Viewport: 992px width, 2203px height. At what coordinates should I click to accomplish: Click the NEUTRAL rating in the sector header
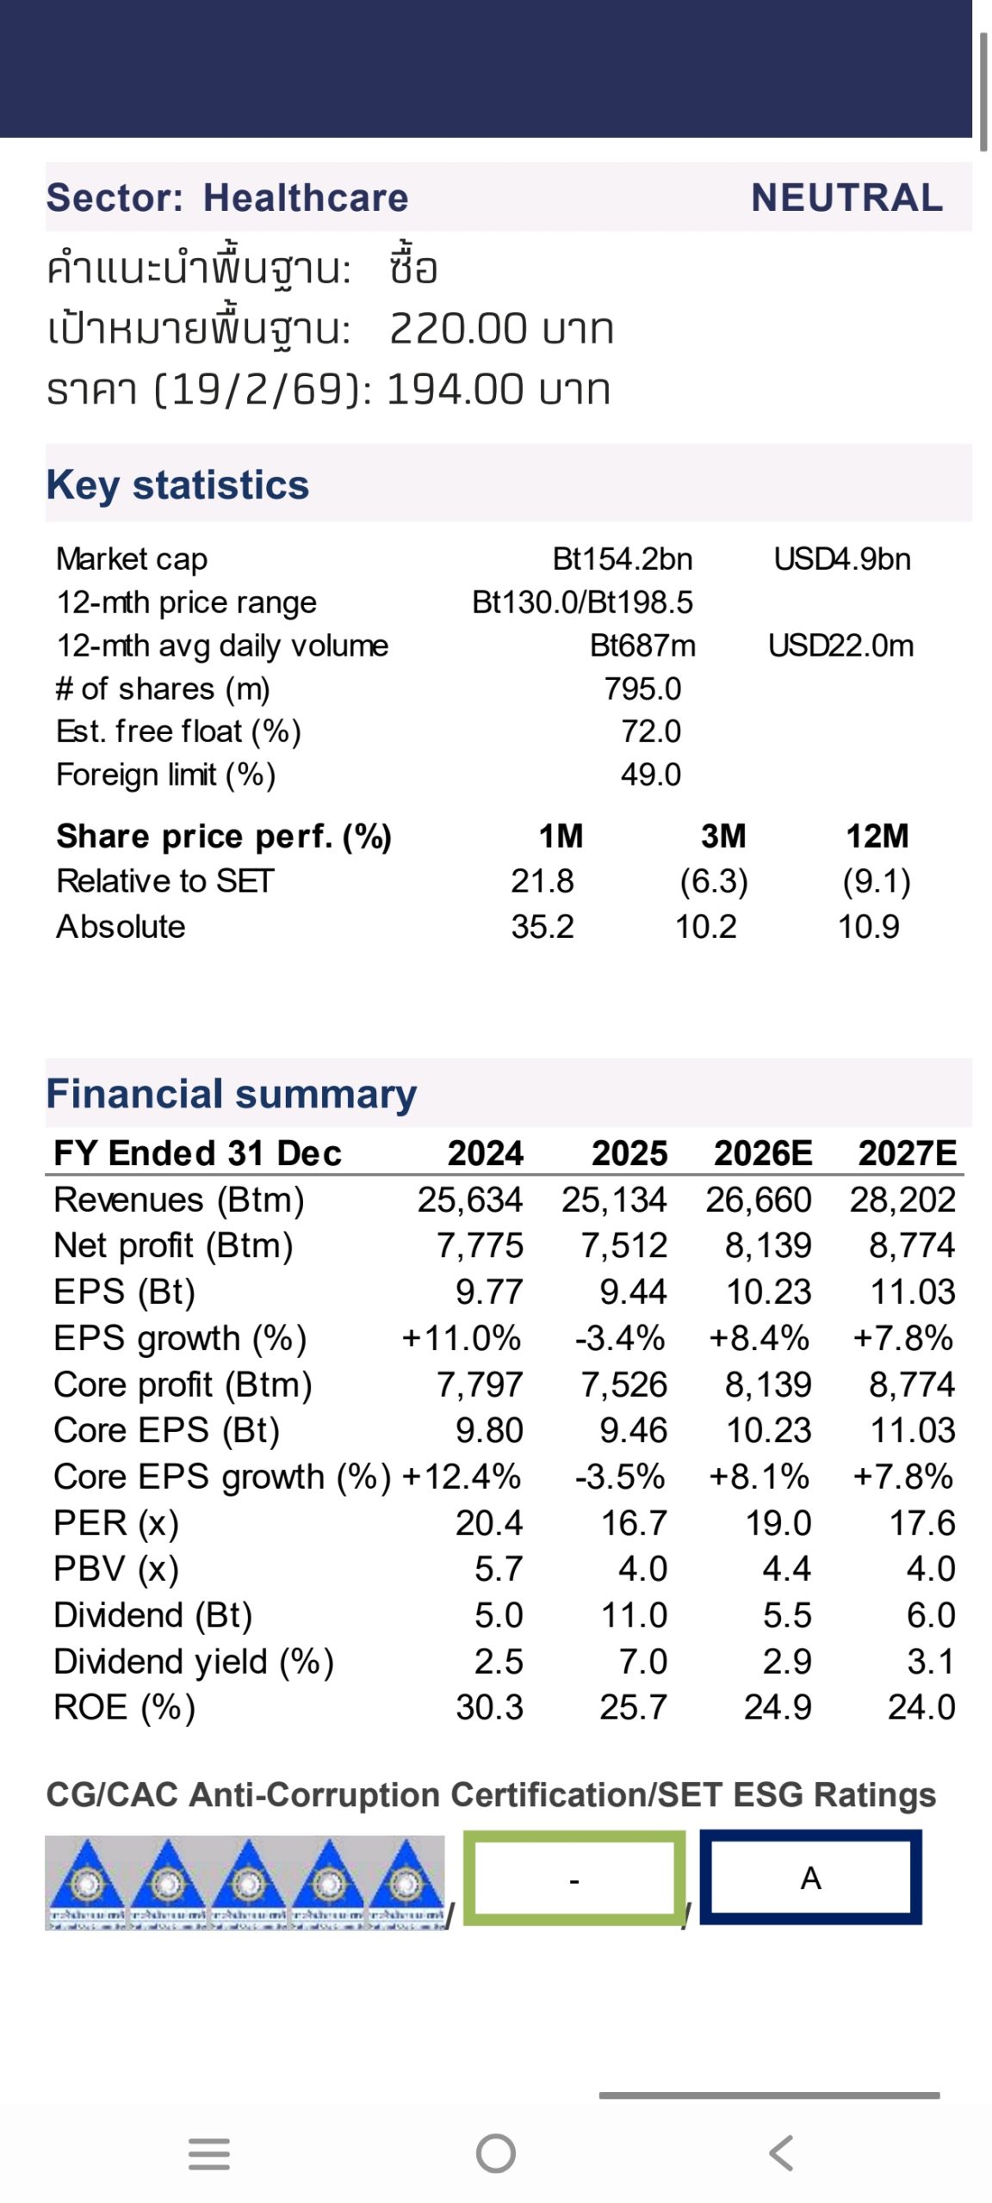point(846,198)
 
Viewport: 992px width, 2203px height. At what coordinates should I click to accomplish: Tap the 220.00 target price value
point(456,329)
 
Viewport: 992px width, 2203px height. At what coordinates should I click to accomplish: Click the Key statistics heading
point(177,484)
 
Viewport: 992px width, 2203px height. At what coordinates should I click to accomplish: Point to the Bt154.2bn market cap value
point(622,559)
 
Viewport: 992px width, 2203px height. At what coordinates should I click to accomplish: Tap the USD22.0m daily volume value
point(840,645)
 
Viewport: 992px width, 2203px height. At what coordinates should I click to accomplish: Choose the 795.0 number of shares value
point(642,688)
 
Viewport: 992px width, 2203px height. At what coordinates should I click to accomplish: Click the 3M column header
point(723,836)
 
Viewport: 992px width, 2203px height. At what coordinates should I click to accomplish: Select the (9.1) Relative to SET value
point(876,881)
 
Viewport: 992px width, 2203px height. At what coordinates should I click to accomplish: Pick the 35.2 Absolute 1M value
point(542,927)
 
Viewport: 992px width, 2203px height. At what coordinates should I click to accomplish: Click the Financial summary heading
point(231,1094)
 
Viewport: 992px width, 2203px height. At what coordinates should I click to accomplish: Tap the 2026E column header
point(762,1153)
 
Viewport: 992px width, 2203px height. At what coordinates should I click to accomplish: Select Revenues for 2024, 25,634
point(470,1200)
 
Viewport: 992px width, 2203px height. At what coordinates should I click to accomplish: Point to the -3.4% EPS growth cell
point(620,1338)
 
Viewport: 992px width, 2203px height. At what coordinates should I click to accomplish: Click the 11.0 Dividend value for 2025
point(634,1615)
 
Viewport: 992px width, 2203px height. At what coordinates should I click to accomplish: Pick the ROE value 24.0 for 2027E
point(921,1707)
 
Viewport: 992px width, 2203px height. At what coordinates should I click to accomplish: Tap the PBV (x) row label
point(116,1569)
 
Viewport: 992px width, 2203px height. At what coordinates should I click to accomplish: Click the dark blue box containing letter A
point(810,1878)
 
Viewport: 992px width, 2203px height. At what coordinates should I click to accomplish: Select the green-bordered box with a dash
point(574,1878)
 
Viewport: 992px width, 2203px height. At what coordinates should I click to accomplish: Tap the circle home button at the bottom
point(496,2154)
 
